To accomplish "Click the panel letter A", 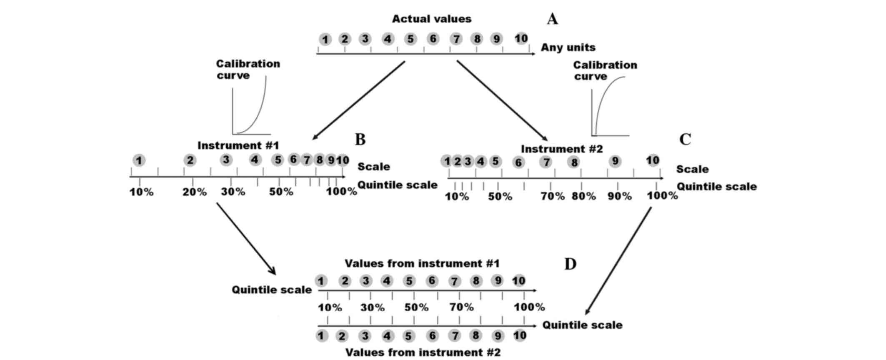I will click(552, 19).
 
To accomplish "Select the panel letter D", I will click(570, 264).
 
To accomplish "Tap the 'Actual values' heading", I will click(431, 19).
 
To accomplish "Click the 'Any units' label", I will click(568, 47).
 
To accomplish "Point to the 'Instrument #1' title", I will click(238, 145).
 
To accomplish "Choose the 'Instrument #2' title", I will click(562, 149).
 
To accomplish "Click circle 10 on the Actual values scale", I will click(521, 39).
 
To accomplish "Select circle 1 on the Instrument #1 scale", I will click(139, 160).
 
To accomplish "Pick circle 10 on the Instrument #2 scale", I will click(653, 160).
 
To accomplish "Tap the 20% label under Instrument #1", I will click(195, 192).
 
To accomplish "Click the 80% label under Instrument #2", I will click(583, 196).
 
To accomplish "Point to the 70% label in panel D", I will click(461, 307).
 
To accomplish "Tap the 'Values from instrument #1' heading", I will click(422, 263).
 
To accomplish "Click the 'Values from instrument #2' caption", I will click(423, 352).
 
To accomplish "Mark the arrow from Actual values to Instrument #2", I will click(502, 100).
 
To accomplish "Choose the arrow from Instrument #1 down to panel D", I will click(246, 238).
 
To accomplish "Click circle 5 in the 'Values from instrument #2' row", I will click(409, 336).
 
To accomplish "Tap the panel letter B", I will click(360, 139).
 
